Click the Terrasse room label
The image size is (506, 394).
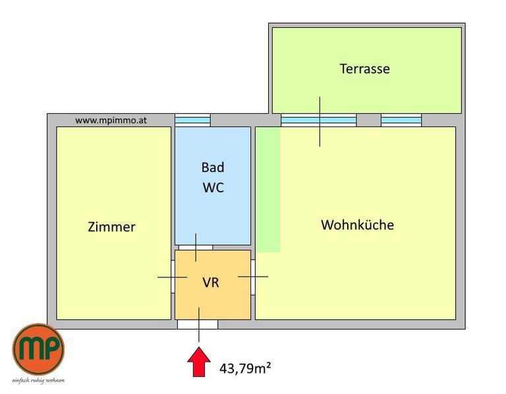click(364, 69)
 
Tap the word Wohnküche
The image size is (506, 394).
click(357, 225)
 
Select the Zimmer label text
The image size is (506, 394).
click(111, 227)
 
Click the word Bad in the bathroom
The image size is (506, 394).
click(213, 167)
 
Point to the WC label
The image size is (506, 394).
click(213, 188)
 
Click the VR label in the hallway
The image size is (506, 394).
click(211, 283)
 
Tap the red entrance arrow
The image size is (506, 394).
click(199, 362)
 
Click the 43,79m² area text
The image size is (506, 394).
click(245, 368)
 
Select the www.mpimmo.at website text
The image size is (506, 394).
click(111, 121)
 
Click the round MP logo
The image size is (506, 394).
click(38, 349)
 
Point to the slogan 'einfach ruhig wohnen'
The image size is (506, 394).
click(38, 380)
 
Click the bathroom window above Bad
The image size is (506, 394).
click(192, 120)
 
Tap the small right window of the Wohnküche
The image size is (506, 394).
click(401, 120)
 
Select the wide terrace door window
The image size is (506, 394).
click(318, 120)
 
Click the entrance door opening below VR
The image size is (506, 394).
click(198, 324)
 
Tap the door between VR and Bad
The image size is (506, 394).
click(196, 248)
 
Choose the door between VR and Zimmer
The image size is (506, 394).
click(173, 277)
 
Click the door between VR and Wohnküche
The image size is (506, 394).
click(253, 277)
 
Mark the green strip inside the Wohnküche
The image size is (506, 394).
click(268, 189)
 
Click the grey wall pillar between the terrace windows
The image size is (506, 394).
click(369, 120)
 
